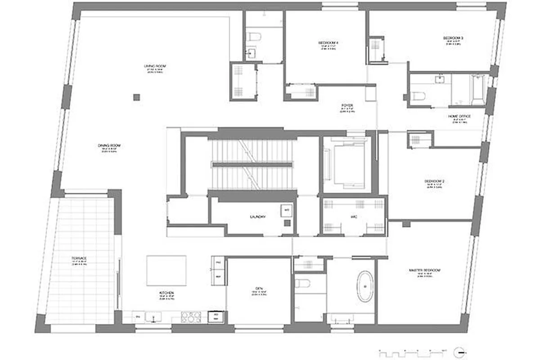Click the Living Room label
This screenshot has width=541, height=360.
pyautogui.click(x=155, y=66)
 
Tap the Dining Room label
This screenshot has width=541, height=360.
pyautogui.click(x=110, y=145)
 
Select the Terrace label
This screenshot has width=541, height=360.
pyautogui.click(x=79, y=258)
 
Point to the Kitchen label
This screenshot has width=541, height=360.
pyautogui.click(x=167, y=293)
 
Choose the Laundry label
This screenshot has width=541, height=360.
pyautogui.click(x=258, y=217)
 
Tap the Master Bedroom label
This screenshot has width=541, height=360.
pyautogui.click(x=424, y=270)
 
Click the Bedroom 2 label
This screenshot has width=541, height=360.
pyautogui.click(x=434, y=181)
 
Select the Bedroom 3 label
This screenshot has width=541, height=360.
pyautogui.click(x=453, y=38)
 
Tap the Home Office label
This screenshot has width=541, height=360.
pyautogui.click(x=459, y=117)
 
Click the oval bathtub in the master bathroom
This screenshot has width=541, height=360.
pyautogui.click(x=365, y=286)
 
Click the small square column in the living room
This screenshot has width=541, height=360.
pyautogui.click(x=137, y=97)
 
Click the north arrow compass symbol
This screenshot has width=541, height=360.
pyautogui.click(x=459, y=351)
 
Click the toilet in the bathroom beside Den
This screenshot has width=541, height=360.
pyautogui.click(x=303, y=284)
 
